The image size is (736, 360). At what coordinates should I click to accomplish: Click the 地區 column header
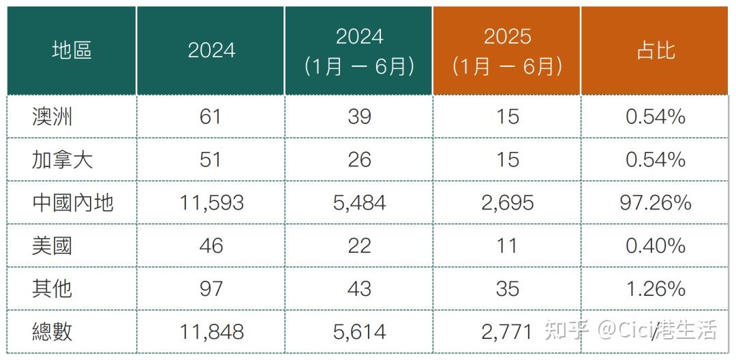(x=72, y=50)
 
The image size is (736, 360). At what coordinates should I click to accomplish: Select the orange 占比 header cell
(x=655, y=50)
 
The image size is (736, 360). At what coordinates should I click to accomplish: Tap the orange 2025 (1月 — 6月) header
(x=506, y=50)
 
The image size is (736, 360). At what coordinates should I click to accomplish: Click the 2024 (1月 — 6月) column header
(x=359, y=50)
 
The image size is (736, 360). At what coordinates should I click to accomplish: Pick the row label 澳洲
(x=52, y=117)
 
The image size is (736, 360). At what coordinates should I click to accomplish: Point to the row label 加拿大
(x=62, y=160)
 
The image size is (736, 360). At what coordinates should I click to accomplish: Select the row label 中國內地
(x=72, y=202)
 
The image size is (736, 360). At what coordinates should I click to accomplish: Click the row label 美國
(x=52, y=245)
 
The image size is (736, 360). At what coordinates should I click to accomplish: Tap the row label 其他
(x=52, y=288)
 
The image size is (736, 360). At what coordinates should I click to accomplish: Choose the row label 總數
(x=52, y=331)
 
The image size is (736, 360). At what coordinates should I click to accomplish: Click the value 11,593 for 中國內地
(x=211, y=202)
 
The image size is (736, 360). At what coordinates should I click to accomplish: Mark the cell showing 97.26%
(x=655, y=202)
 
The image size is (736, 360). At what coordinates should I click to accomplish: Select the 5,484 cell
(x=359, y=202)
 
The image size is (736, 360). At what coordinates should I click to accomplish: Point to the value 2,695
(x=507, y=202)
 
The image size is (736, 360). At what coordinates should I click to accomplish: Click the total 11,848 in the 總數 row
(x=211, y=331)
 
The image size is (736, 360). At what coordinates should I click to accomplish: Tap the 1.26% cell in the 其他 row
(x=655, y=288)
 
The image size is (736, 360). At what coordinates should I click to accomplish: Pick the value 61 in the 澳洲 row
(x=211, y=117)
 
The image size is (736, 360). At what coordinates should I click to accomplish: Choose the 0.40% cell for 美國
(x=655, y=245)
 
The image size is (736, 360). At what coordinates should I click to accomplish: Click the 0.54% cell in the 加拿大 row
(x=655, y=160)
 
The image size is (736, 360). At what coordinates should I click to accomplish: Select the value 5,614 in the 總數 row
(x=359, y=331)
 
